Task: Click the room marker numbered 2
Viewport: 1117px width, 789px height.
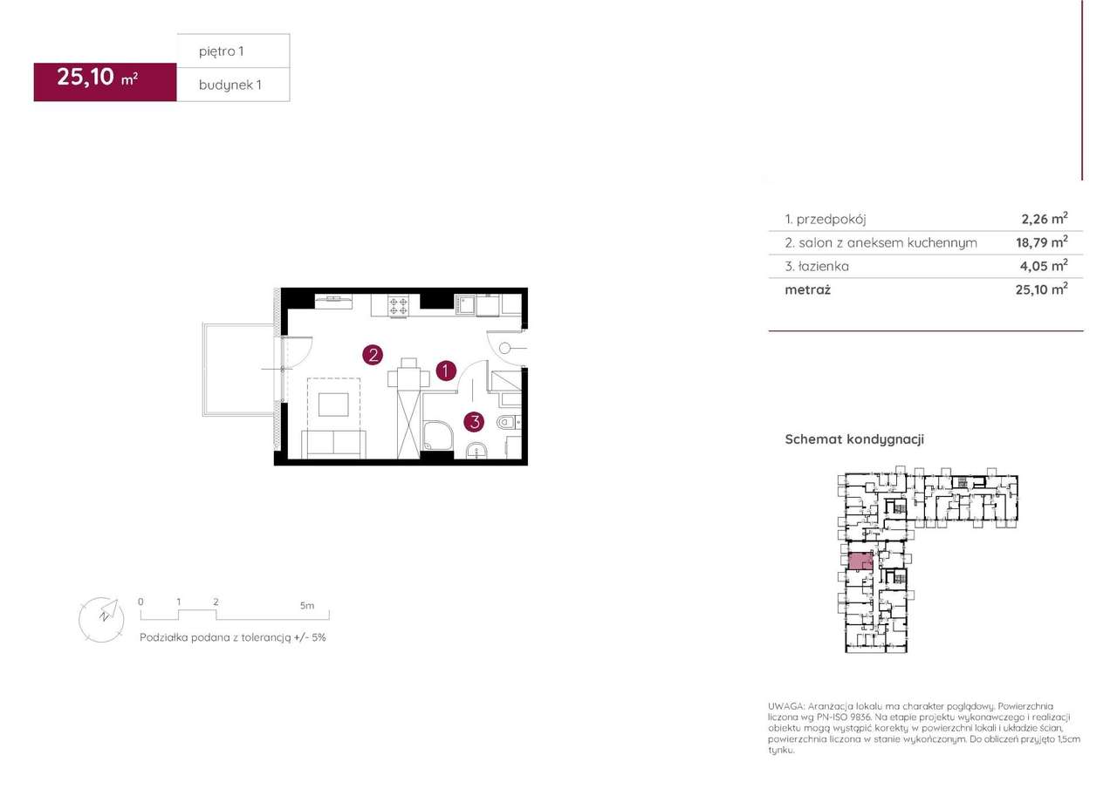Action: coord(373,355)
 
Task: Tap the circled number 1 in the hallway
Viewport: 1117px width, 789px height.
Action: coord(446,371)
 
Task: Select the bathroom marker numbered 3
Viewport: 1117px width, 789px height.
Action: coord(474,422)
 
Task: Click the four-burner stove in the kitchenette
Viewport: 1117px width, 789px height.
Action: coord(398,305)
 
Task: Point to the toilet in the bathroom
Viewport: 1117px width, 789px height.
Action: coord(508,423)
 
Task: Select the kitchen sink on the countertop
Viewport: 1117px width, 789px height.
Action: coord(465,305)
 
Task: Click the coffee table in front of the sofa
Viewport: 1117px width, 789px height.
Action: coord(333,405)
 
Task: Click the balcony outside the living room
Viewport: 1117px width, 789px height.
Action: coord(239,370)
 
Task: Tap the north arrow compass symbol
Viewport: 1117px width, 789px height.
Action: coord(102,620)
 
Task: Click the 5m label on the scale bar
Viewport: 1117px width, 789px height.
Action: coord(307,606)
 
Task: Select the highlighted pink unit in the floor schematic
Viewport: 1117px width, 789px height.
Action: coord(860,561)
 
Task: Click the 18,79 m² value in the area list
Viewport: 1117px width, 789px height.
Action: coord(1042,242)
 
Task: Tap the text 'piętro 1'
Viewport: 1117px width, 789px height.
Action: coord(221,51)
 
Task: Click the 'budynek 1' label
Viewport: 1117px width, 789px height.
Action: coord(230,85)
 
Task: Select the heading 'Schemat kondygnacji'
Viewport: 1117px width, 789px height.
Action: coord(854,439)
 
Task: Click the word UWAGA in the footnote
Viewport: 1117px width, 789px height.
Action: coord(786,706)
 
